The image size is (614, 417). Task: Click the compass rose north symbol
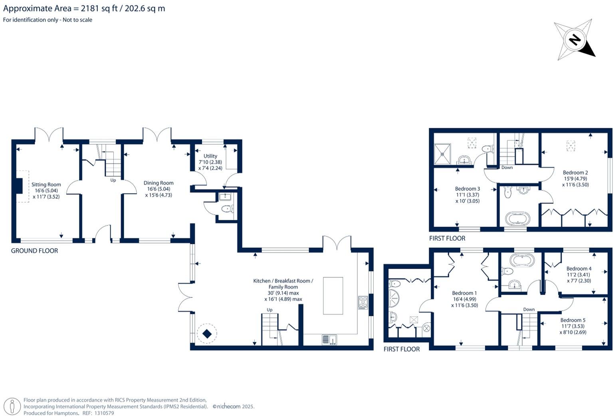tap(574, 40)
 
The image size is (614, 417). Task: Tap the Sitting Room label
tap(46, 185)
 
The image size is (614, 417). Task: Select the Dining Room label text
tap(158, 183)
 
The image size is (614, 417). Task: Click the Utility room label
tap(210, 156)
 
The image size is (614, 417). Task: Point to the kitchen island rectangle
tap(333, 295)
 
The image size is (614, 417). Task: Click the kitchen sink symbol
tap(329, 340)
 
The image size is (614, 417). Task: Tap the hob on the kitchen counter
tap(363, 302)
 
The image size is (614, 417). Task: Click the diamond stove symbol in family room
tap(207, 333)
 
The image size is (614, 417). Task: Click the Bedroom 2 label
tap(575, 173)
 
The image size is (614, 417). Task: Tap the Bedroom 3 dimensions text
tap(467, 198)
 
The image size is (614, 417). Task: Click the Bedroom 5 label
tap(573, 320)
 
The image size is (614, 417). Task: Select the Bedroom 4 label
tap(579, 269)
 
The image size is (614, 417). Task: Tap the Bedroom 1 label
tap(464, 293)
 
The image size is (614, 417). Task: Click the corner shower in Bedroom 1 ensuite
tap(394, 299)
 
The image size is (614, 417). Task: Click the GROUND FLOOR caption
tap(34, 251)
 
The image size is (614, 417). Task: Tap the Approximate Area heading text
tap(84, 8)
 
